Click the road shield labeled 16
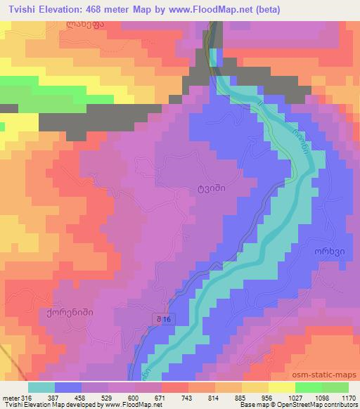click(163, 320)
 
